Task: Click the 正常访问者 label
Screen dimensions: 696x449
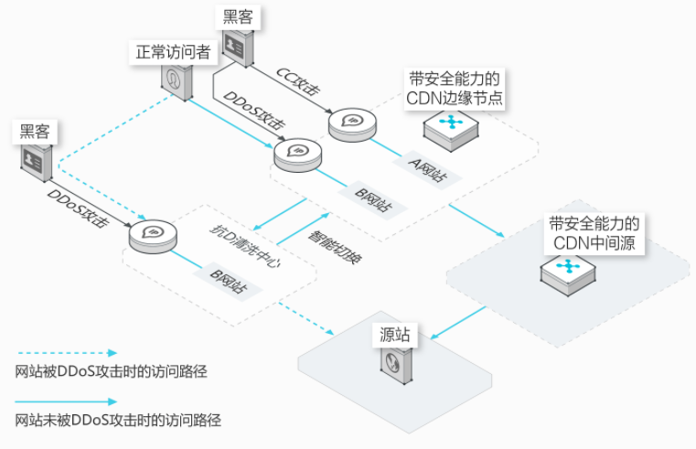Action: (x=173, y=52)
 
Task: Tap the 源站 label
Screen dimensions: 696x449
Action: (x=394, y=335)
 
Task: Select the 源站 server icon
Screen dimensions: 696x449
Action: (x=396, y=365)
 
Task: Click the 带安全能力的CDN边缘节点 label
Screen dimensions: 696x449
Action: (x=454, y=89)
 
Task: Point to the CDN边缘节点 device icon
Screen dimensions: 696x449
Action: (x=451, y=129)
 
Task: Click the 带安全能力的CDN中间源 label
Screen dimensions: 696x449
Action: (x=594, y=234)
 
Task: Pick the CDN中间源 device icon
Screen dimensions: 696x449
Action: (x=568, y=273)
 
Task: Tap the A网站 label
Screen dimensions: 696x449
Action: (x=427, y=170)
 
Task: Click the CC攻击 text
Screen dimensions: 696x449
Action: (x=298, y=81)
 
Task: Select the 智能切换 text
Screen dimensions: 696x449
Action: (x=335, y=247)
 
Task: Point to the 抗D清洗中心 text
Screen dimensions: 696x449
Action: (x=245, y=246)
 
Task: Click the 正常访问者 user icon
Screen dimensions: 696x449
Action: (x=177, y=82)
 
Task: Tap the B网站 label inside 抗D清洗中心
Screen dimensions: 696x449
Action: (x=228, y=281)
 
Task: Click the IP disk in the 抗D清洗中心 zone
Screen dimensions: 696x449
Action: (x=153, y=236)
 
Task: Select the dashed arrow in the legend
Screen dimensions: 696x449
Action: (x=68, y=353)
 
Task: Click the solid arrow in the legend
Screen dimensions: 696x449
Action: (x=66, y=402)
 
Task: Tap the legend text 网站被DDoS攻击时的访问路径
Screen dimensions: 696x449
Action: (x=111, y=372)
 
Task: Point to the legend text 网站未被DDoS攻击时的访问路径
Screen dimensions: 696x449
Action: (x=118, y=420)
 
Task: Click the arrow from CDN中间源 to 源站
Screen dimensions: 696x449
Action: (x=458, y=323)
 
